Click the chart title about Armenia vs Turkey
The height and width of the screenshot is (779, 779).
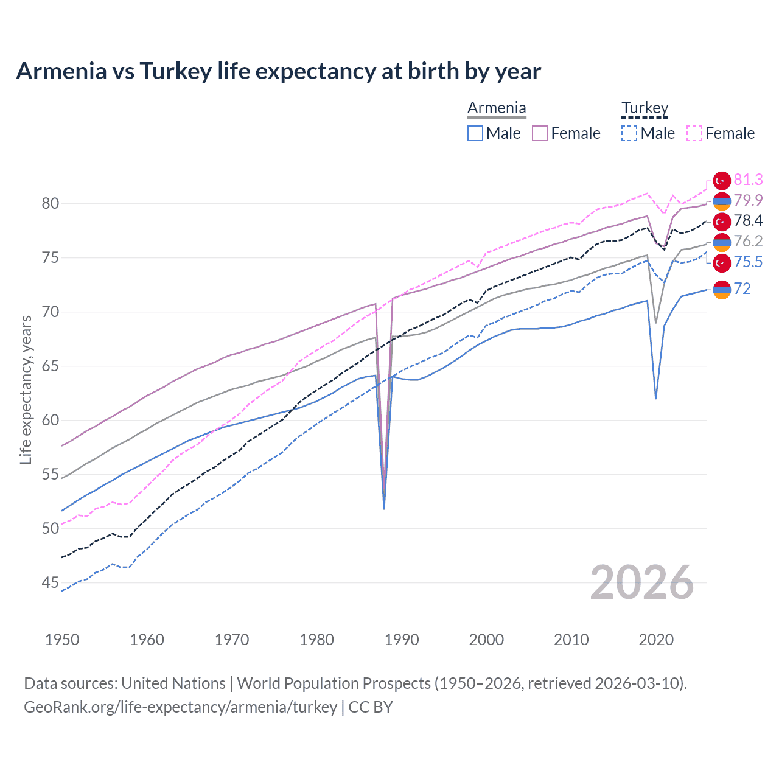(x=278, y=71)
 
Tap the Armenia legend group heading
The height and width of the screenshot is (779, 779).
(x=497, y=108)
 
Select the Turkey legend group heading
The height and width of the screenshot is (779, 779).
(x=645, y=108)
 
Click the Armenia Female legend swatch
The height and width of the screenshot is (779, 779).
(x=540, y=133)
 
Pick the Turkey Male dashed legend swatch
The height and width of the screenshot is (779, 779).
(x=629, y=133)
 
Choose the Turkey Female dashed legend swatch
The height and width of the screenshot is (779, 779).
(x=694, y=133)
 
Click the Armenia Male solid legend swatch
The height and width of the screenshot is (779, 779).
(x=475, y=133)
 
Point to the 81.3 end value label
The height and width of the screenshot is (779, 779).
(x=748, y=180)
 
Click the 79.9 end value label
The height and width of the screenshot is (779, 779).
(x=748, y=200)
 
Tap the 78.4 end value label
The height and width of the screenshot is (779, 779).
(x=748, y=221)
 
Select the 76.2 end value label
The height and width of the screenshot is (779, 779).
(x=748, y=242)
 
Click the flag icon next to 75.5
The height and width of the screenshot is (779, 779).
(x=722, y=262)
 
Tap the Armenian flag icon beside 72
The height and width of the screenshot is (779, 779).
(x=722, y=290)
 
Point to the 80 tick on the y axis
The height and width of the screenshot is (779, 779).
(x=51, y=204)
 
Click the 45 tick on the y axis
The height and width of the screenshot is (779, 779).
(x=51, y=583)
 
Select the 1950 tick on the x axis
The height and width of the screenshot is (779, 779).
(x=62, y=640)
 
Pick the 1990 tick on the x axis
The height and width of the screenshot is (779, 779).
(x=402, y=640)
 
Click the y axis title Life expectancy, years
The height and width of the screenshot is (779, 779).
(x=26, y=389)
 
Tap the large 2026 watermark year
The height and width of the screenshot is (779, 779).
(x=641, y=582)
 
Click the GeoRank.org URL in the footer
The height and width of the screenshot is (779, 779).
(x=180, y=707)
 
